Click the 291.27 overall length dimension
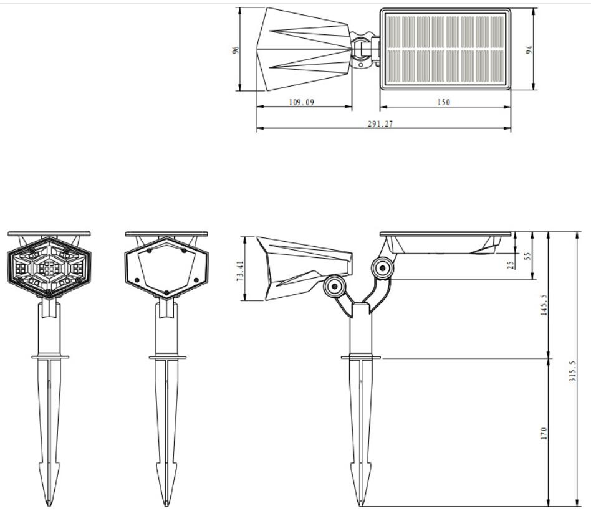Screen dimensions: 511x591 coord(380,124)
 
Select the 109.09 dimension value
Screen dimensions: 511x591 coord(301,102)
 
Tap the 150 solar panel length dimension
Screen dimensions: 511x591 coord(443,102)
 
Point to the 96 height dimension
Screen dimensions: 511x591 coord(236,49)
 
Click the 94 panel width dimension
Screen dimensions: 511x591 coord(529,49)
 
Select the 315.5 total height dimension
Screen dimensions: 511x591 coord(573,371)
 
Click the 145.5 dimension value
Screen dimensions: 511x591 coord(543,305)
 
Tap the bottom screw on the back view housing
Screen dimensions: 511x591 coord(166,291)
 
